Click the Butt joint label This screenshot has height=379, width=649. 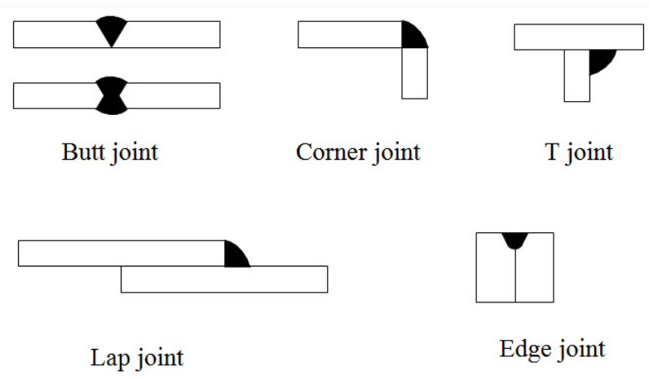110,152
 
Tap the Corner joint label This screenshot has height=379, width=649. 358,152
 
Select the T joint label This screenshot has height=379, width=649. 577,152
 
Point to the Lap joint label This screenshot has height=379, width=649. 136,357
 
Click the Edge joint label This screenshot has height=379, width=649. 552,350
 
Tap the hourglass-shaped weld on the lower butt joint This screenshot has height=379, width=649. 111,95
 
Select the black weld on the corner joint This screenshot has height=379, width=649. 413,37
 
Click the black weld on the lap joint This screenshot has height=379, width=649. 234,256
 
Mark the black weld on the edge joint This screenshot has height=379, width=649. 515,240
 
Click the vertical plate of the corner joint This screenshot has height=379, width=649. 414,73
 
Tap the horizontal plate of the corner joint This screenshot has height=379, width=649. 350,35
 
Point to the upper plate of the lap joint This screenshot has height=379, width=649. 121,253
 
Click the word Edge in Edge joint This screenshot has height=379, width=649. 523,350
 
